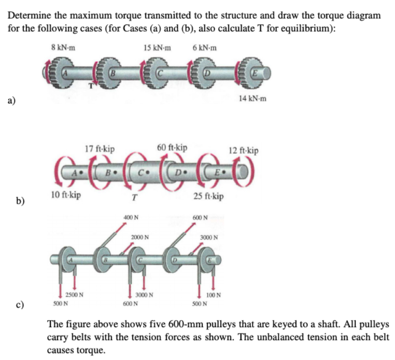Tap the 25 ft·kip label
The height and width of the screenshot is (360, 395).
click(x=208, y=196)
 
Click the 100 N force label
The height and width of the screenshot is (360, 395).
click(x=213, y=295)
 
